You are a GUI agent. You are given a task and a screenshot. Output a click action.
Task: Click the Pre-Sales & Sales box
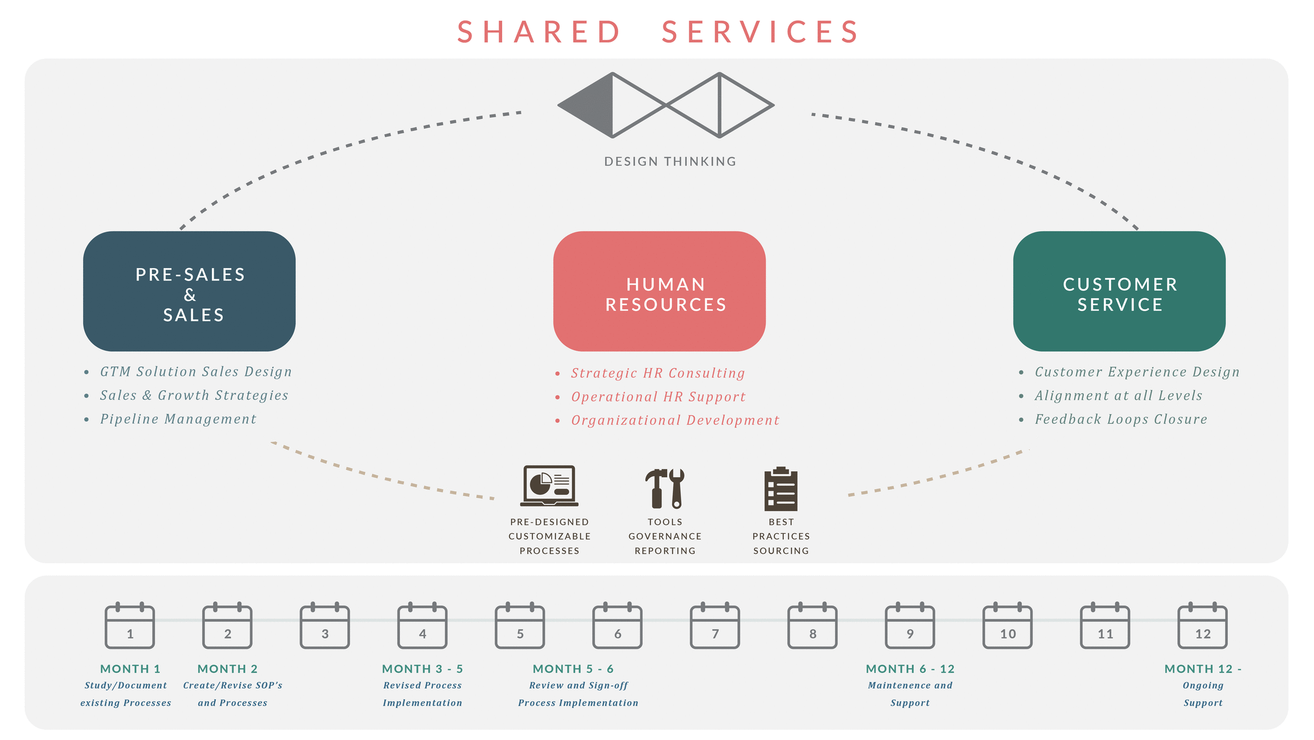pos(189,292)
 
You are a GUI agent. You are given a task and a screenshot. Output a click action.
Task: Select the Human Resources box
pos(659,292)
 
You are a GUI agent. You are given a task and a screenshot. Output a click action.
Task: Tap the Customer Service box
pos(1119,292)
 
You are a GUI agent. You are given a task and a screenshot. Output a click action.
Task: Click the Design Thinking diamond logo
pos(666,105)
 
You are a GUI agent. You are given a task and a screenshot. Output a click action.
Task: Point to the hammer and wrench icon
pos(665,488)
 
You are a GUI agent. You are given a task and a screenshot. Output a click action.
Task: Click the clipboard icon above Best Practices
pos(781,488)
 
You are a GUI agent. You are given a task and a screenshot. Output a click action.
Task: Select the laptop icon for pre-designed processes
pos(549,487)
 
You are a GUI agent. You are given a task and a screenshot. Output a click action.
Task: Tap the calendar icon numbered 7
pos(715,627)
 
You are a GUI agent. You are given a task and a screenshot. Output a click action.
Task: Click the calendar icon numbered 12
pos(1203,627)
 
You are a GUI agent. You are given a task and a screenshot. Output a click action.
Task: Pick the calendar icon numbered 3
pos(325,627)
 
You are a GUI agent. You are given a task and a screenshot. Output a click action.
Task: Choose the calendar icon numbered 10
pos(1007,627)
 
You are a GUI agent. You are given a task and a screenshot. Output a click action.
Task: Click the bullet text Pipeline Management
pos(178,419)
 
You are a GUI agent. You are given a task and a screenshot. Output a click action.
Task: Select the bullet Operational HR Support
pos(658,397)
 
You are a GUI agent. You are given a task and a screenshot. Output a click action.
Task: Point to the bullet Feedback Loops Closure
pos(1121,419)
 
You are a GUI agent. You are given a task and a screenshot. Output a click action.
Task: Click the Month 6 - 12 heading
pos(910,669)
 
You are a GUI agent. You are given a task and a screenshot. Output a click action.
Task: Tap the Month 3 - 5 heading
pos(423,669)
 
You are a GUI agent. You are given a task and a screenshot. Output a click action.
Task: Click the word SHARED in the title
pos(539,32)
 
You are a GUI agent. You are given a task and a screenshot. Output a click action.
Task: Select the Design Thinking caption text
pos(670,161)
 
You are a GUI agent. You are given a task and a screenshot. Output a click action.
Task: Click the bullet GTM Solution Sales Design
pos(195,372)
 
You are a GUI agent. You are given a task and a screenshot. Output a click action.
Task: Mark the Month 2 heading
pos(228,669)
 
